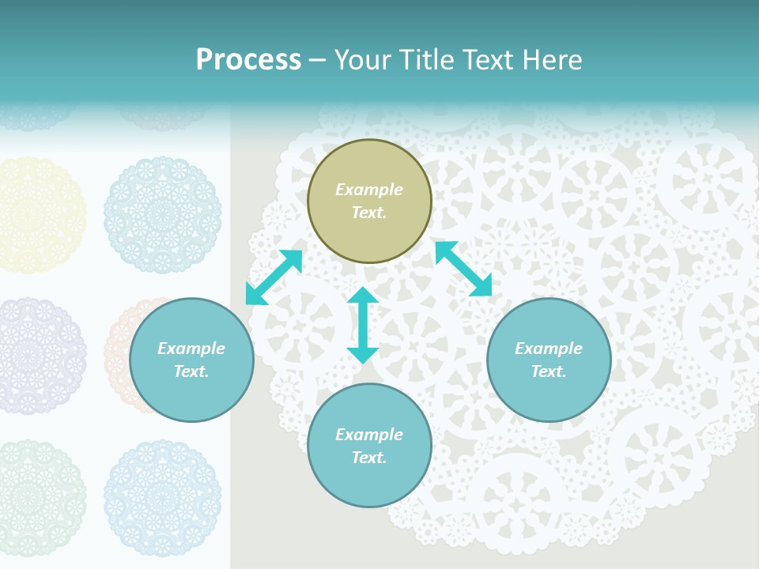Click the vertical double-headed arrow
pyautogui.click(x=363, y=325)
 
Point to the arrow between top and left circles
pyautogui.click(x=274, y=277)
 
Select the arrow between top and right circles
pyautogui.click(x=463, y=269)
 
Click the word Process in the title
pyautogui.click(x=248, y=60)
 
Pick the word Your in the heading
pyautogui.click(x=364, y=60)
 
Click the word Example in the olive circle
pyautogui.click(x=369, y=190)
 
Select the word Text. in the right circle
pyautogui.click(x=549, y=371)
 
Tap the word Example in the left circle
pyautogui.click(x=191, y=349)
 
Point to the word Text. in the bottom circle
pyautogui.click(x=369, y=458)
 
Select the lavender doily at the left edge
pyautogui.click(x=36, y=356)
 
